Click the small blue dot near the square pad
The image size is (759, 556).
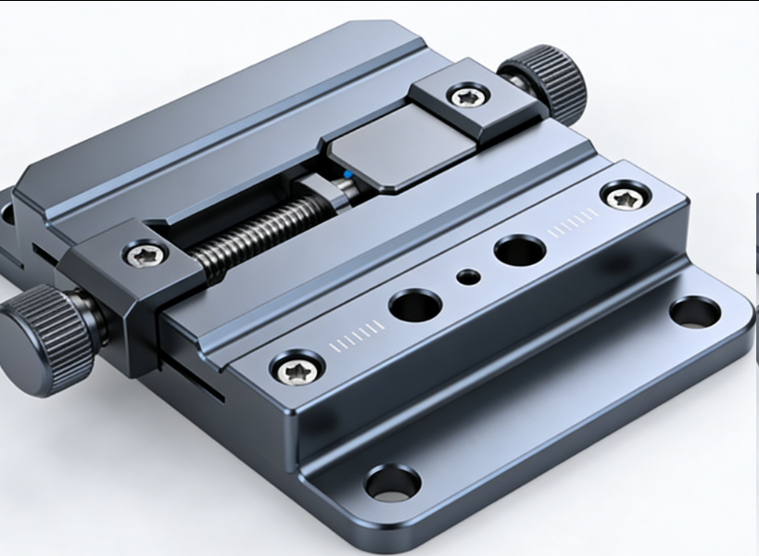click(x=347, y=173)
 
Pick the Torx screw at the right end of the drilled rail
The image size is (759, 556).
click(x=620, y=196)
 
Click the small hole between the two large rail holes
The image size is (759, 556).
click(x=470, y=276)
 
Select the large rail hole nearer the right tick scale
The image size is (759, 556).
click(x=519, y=249)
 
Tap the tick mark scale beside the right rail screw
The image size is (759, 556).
click(x=575, y=222)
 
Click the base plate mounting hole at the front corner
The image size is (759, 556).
click(x=392, y=482)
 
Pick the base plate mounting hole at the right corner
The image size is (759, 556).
click(x=694, y=312)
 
